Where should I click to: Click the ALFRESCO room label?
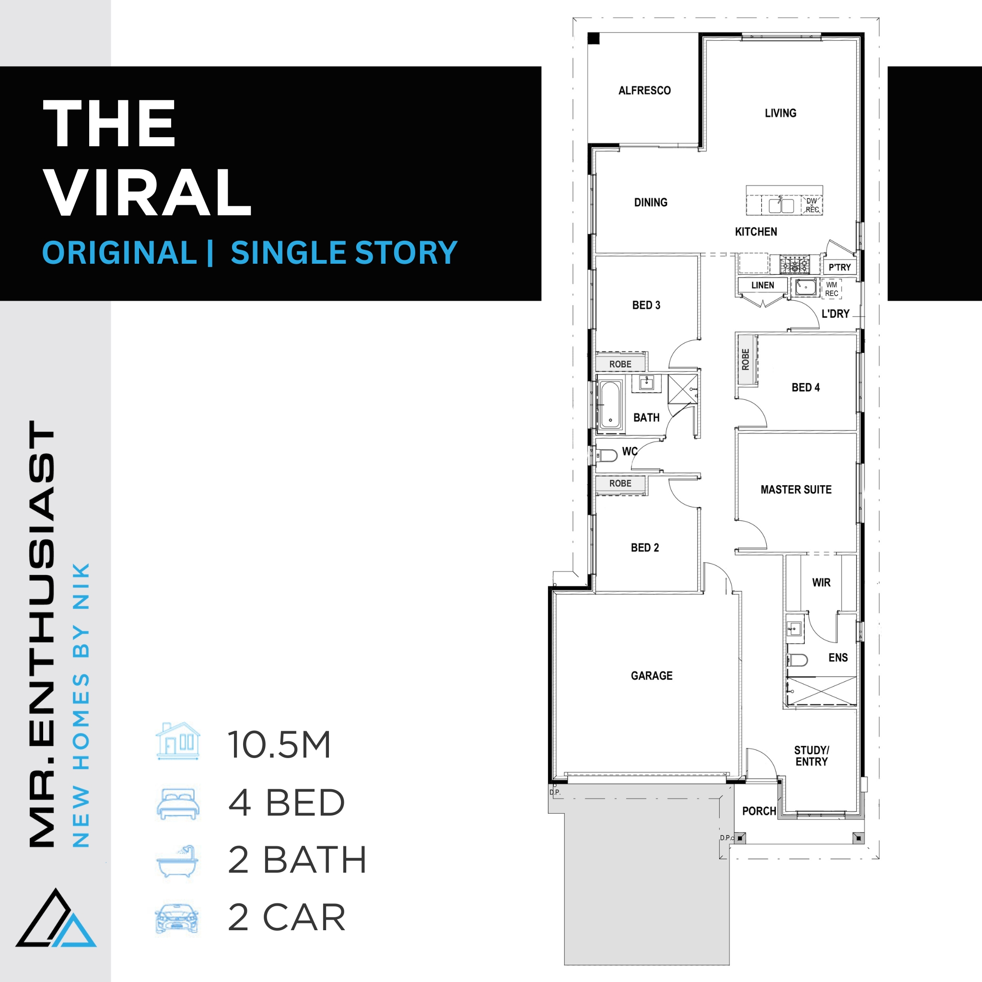tap(644, 91)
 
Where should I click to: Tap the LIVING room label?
tap(780, 113)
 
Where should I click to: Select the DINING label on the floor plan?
tap(651, 202)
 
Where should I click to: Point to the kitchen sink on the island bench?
tap(781, 205)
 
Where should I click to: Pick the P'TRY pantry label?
tap(840, 268)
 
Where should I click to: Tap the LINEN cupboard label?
tap(762, 285)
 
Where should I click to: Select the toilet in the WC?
tap(607, 455)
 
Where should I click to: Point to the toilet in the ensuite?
tap(797, 660)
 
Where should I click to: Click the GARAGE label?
tap(652, 676)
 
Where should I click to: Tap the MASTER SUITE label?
tap(796, 490)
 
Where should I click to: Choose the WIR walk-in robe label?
tap(821, 583)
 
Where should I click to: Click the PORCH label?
tap(759, 811)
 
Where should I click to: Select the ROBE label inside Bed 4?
tap(746, 359)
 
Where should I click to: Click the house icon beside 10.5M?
tap(178, 741)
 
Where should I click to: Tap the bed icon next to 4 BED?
tap(178, 804)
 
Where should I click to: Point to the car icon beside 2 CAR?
tap(177, 918)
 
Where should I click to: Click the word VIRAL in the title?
tap(149, 193)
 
